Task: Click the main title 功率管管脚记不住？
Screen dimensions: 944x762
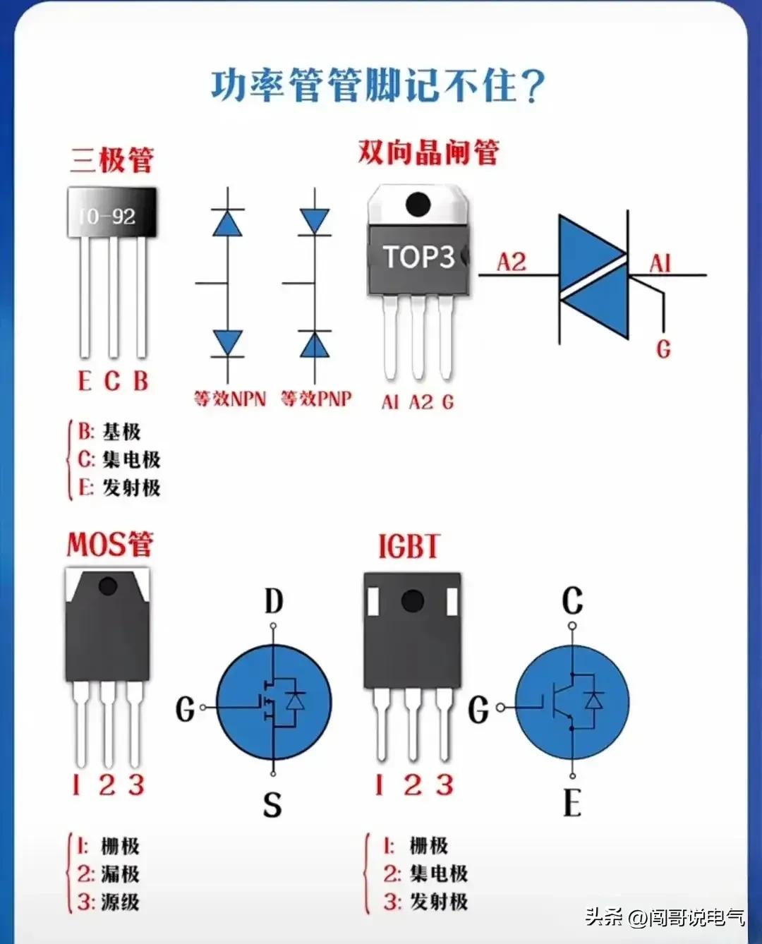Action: pyautogui.click(x=378, y=86)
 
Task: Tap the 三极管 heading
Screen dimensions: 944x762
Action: pyautogui.click(x=111, y=159)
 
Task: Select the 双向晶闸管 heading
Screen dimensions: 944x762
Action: pyautogui.click(x=428, y=152)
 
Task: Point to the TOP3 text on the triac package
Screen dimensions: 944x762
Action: pyautogui.click(x=418, y=257)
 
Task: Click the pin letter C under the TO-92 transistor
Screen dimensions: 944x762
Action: pyautogui.click(x=112, y=382)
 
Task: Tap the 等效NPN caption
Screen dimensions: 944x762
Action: pyautogui.click(x=230, y=399)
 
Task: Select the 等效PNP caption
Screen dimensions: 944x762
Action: pyautogui.click(x=316, y=399)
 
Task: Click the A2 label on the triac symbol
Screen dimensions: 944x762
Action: pyautogui.click(x=512, y=262)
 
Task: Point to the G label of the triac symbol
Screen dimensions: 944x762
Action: pyautogui.click(x=663, y=349)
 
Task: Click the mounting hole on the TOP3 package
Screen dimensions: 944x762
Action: pyautogui.click(x=418, y=205)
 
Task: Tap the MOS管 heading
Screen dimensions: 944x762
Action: pyautogui.click(x=110, y=545)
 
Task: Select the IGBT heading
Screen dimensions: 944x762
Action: pyautogui.click(x=409, y=547)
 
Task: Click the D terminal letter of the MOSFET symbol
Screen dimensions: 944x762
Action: pyautogui.click(x=274, y=602)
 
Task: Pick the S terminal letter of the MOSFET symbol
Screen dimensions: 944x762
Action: pyautogui.click(x=272, y=805)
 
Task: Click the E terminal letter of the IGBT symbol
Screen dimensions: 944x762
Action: pyautogui.click(x=572, y=804)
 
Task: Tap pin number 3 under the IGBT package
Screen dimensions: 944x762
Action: pyautogui.click(x=445, y=785)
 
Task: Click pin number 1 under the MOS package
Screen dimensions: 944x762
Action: pyautogui.click(x=76, y=785)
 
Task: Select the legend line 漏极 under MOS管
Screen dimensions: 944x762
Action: pyautogui.click(x=109, y=874)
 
